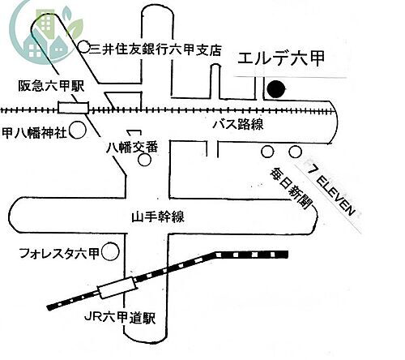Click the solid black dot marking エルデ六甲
[x=276, y=89]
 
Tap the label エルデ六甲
[x=281, y=58]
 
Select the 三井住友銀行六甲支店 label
[x=156, y=49]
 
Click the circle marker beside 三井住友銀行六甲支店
[x=84, y=47]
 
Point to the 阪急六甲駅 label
[x=51, y=86]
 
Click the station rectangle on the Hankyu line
[x=74, y=108]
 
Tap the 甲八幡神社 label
[x=34, y=133]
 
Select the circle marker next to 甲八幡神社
[x=78, y=131]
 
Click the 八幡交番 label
[x=132, y=148]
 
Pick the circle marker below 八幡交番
[x=144, y=160]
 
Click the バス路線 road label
[x=238, y=125]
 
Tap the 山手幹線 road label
[x=158, y=216]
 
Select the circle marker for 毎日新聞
[x=267, y=152]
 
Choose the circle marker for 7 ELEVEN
[x=295, y=152]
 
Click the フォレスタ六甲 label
[x=60, y=254]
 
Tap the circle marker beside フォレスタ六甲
[x=110, y=251]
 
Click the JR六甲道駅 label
[x=120, y=317]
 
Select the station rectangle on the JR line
[x=117, y=288]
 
